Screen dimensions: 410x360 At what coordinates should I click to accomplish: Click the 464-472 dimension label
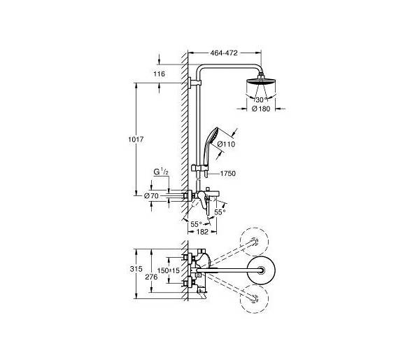pyautogui.click(x=224, y=53)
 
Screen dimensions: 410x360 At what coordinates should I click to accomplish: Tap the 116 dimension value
pyautogui.click(x=160, y=74)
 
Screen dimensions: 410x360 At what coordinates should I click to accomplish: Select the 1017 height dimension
pyautogui.click(x=136, y=139)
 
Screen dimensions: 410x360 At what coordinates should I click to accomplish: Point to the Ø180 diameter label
pyautogui.click(x=261, y=109)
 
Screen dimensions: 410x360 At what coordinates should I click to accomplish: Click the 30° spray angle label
pyautogui.click(x=262, y=99)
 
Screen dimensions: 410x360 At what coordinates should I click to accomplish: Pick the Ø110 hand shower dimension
pyautogui.click(x=226, y=144)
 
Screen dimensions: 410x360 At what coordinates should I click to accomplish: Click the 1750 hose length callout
pyautogui.click(x=228, y=173)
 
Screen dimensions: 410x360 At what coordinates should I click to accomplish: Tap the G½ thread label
pyautogui.click(x=161, y=172)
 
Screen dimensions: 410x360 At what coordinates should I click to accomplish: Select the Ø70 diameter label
pyautogui.click(x=151, y=195)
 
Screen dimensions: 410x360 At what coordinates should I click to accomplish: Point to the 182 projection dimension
pyautogui.click(x=202, y=232)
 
